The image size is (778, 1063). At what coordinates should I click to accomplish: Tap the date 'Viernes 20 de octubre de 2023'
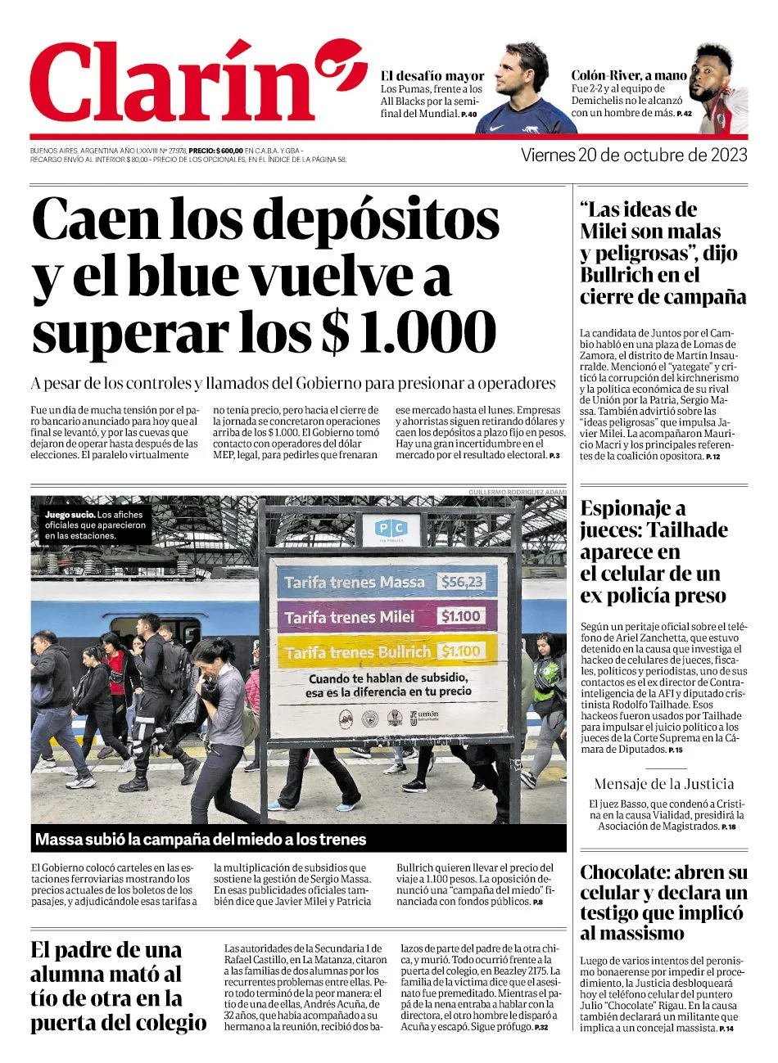coord(634,155)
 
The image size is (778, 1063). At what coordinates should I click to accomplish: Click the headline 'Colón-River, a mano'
coord(629,75)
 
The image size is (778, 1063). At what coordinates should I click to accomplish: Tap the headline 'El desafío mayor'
coord(432,76)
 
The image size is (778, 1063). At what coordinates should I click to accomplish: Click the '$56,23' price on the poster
coord(461,582)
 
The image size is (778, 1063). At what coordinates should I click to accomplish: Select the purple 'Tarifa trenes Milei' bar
coord(384,616)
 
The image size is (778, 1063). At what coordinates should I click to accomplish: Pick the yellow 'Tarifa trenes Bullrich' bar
coord(384,651)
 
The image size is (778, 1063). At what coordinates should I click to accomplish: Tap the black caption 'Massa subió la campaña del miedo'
coord(201,839)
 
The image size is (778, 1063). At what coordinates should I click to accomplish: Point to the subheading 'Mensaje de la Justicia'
coord(663,784)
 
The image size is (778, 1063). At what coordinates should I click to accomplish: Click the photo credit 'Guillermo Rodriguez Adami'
coord(517,491)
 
